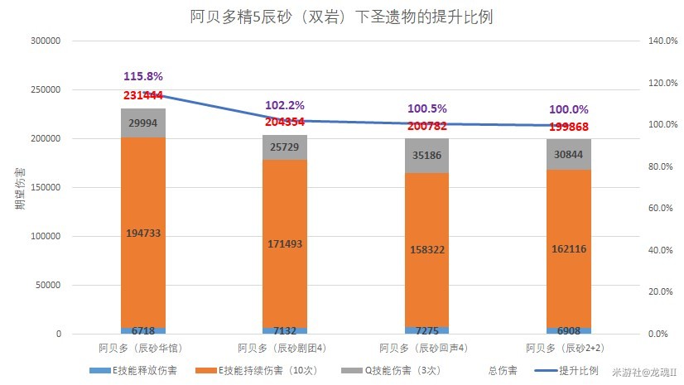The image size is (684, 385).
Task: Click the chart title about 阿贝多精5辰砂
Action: click(341, 17)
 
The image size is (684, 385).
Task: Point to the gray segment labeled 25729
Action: click(285, 147)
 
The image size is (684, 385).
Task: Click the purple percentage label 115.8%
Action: click(142, 77)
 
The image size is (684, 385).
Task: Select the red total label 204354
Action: click(285, 121)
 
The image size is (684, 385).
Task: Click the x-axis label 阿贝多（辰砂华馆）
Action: click(142, 348)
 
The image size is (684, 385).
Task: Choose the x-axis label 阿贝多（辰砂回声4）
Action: click(427, 348)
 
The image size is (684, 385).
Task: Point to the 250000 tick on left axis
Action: click(47, 89)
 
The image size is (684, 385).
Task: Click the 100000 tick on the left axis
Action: click(47, 237)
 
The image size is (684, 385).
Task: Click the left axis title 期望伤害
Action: click(18, 187)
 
